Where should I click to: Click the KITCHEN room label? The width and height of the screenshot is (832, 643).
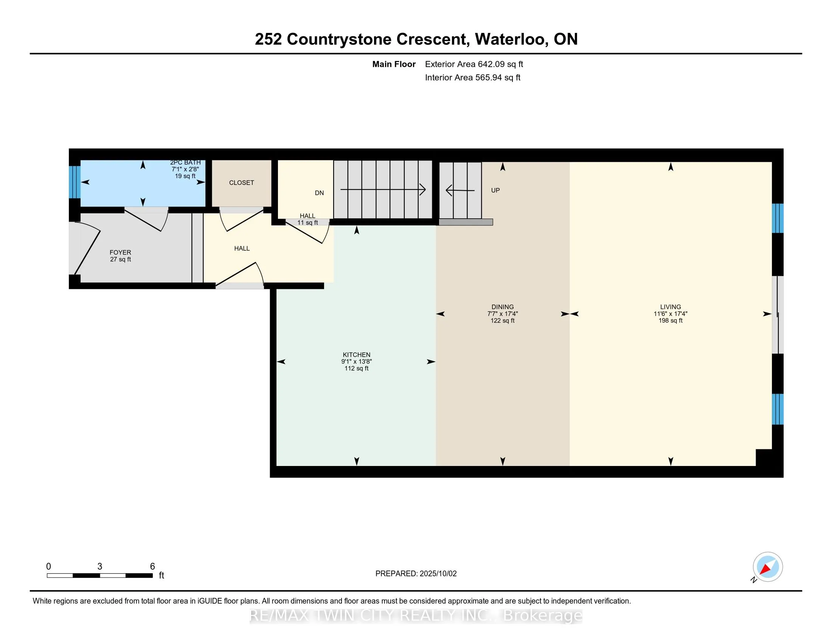[x=356, y=355]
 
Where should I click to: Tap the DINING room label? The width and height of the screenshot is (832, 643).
[x=503, y=307]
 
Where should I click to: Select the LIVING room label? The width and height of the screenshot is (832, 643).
[x=671, y=307]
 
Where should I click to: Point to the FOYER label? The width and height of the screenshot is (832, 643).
[x=120, y=252]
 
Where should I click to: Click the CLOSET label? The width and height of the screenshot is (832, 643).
[x=242, y=183]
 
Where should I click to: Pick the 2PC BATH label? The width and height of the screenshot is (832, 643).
[x=185, y=163]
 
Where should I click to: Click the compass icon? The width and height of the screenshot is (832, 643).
[x=768, y=567]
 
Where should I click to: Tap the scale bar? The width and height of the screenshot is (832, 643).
[x=100, y=576]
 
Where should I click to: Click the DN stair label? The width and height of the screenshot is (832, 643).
[x=319, y=193]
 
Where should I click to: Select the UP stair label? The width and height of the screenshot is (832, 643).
[x=495, y=190]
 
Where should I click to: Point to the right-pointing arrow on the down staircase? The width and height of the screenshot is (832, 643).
[x=383, y=189]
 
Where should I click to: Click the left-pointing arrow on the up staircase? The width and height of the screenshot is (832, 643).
[x=460, y=190]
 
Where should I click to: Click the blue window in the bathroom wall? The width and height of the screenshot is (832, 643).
[x=75, y=182]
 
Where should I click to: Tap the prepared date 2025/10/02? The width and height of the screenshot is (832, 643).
[x=438, y=574]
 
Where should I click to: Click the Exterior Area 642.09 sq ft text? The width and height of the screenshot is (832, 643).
[x=474, y=64]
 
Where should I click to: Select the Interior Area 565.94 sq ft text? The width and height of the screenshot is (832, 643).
[x=473, y=77]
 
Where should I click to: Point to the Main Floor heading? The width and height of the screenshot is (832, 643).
[x=394, y=64]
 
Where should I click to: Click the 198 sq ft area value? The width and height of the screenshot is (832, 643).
[x=671, y=321]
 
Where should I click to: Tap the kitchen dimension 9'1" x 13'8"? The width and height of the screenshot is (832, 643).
[x=356, y=362]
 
